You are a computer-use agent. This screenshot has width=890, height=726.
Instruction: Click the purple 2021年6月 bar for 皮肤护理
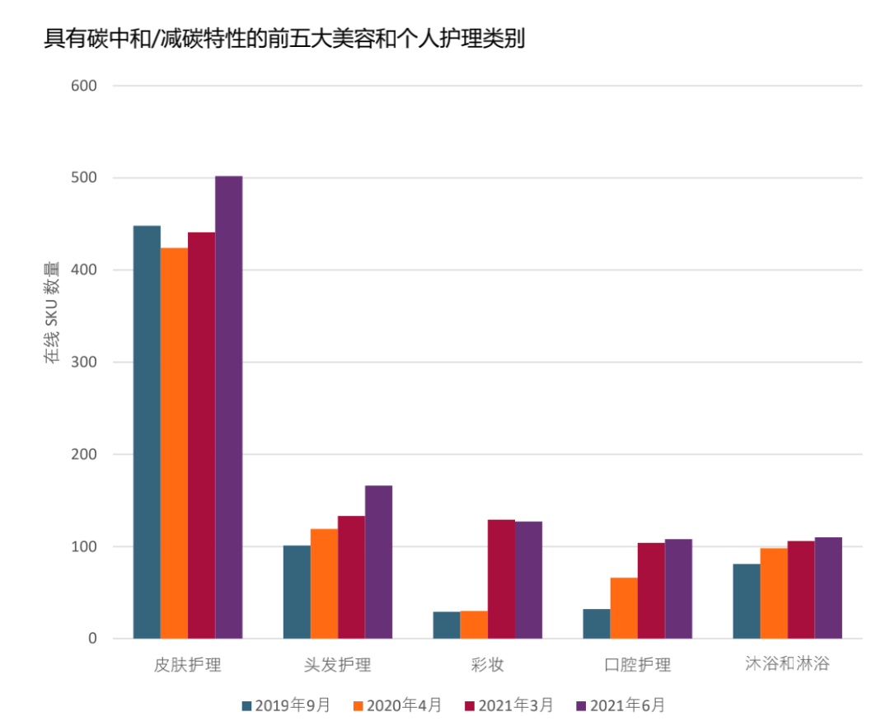click(x=228, y=407)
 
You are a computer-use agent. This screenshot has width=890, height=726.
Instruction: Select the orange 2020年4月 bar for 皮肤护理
click(x=174, y=443)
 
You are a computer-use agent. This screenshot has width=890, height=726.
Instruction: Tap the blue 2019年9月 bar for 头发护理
click(x=297, y=592)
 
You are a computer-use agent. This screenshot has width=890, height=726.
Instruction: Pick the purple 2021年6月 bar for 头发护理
click(x=378, y=562)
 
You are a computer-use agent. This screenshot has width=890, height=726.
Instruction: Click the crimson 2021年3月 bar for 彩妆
click(x=501, y=578)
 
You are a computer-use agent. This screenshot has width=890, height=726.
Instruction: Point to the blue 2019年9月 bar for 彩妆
click(x=447, y=625)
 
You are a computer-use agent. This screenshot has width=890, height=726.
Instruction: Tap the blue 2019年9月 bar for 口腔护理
click(x=597, y=623)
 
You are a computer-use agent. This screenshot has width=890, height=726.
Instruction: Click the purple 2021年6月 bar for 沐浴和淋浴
click(x=828, y=588)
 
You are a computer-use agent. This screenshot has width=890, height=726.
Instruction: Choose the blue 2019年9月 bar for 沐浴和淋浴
click(x=747, y=601)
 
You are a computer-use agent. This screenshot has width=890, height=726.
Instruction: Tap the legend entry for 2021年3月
click(x=508, y=705)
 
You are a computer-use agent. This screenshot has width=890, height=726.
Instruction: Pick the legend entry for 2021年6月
click(x=620, y=705)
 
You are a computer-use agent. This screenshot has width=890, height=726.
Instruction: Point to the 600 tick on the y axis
click(x=86, y=86)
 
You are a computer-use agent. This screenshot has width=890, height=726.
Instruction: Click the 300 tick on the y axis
click(x=86, y=363)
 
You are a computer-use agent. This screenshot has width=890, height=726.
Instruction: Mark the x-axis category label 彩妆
click(x=487, y=664)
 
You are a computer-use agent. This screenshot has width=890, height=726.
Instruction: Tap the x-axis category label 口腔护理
click(x=637, y=664)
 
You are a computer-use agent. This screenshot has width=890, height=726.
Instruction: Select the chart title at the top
click(x=284, y=39)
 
